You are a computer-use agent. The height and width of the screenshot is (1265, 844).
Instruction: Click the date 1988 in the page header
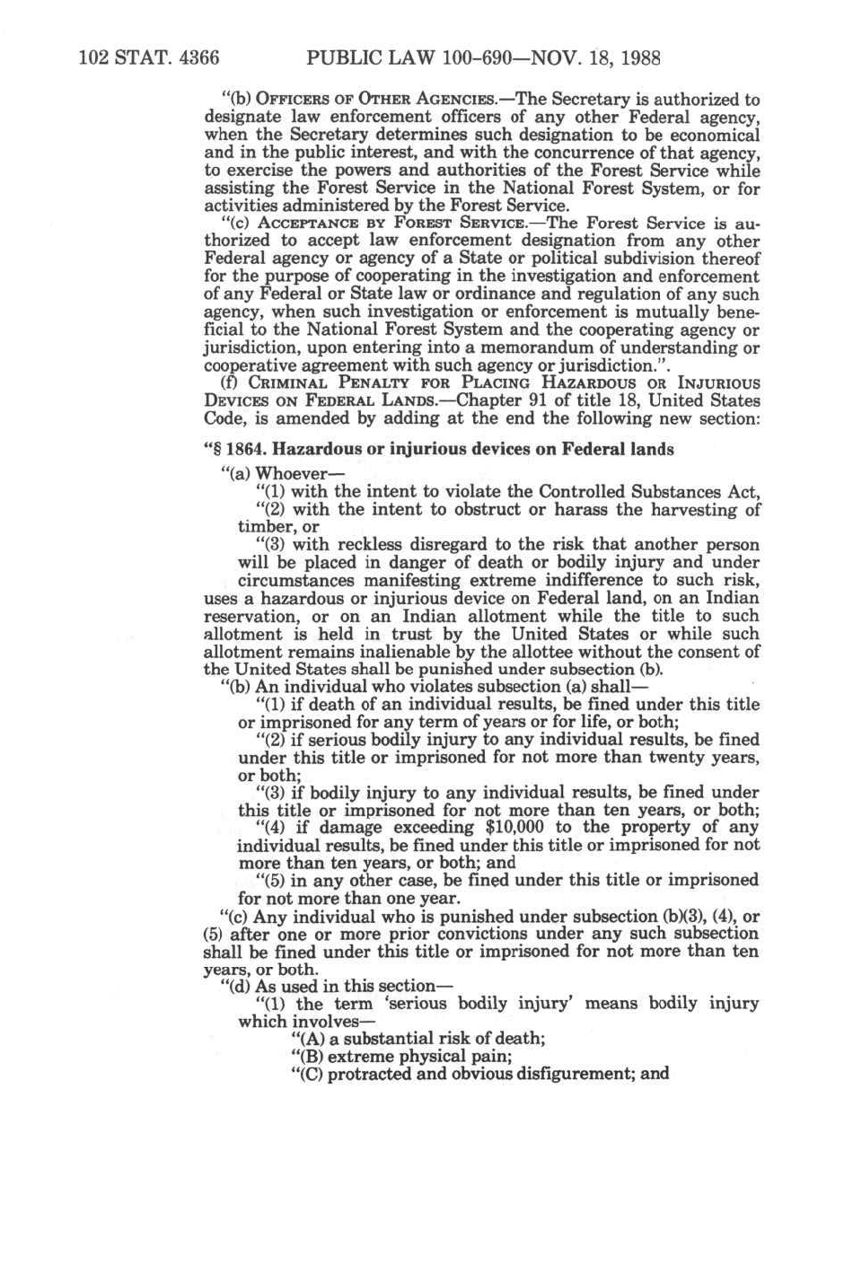637,59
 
